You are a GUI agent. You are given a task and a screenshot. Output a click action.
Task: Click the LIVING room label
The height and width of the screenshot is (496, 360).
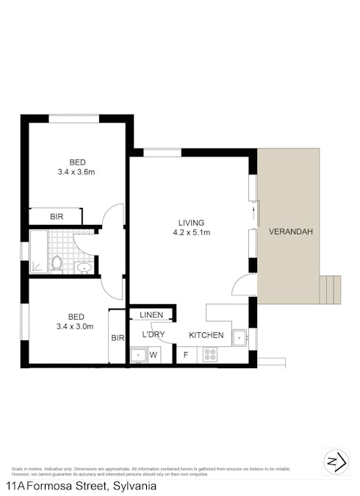point(190,223)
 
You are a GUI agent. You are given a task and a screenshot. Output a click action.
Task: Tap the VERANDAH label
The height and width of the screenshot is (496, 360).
point(291,231)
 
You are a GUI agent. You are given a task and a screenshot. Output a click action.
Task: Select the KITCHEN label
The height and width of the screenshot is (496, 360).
point(206,335)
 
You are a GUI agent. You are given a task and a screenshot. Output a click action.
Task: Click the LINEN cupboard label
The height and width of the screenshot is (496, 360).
point(151,315)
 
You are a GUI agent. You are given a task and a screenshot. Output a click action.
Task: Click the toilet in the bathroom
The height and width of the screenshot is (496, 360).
point(57,261)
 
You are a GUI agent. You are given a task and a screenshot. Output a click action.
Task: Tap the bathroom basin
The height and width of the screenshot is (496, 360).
point(84,267)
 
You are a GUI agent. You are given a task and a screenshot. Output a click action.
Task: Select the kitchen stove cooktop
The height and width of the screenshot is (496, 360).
point(210,355)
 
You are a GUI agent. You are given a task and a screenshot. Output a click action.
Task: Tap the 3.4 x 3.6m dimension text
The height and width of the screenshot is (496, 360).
point(77,173)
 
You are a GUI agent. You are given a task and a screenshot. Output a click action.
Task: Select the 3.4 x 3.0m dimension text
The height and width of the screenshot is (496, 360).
point(73,327)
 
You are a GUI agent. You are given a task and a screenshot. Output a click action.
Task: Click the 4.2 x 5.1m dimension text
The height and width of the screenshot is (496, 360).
point(190,233)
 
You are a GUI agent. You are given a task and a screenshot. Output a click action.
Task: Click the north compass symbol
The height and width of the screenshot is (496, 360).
point(335,461)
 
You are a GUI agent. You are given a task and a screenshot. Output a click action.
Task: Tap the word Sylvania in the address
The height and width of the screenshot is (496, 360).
point(133,486)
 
